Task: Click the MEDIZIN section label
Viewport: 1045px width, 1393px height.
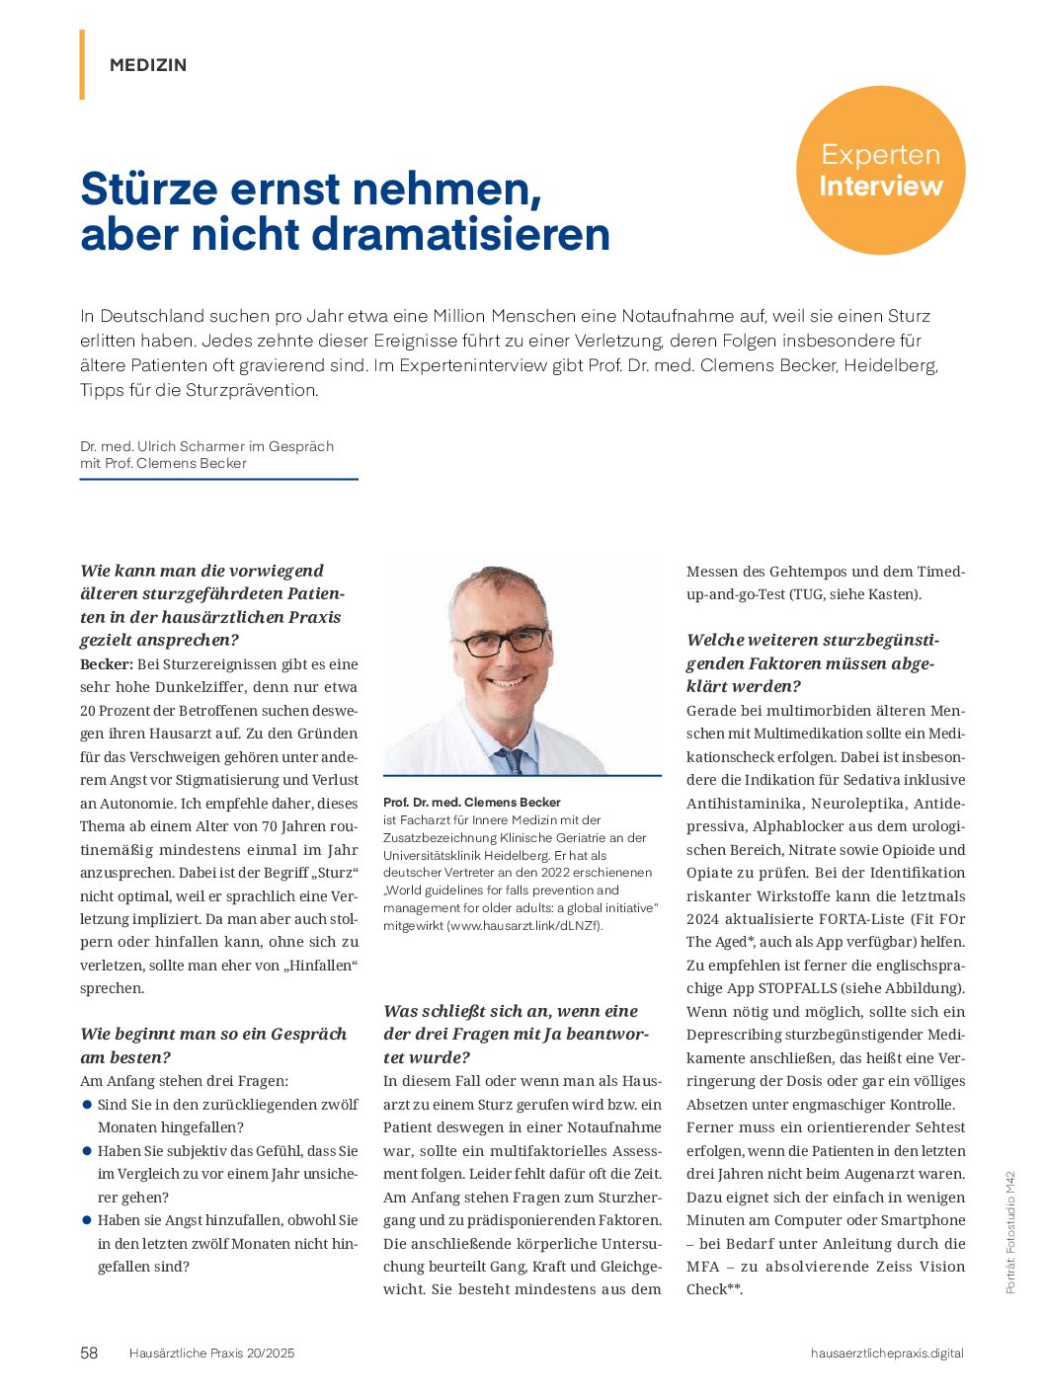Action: [148, 65]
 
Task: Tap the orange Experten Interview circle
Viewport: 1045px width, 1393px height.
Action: [880, 170]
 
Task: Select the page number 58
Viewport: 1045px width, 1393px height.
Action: [89, 1353]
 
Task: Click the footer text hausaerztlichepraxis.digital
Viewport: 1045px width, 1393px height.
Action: [887, 1353]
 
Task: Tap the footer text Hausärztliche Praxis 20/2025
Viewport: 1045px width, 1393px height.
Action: [211, 1353]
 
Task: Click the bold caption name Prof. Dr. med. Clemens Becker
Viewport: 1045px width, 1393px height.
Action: [472, 802]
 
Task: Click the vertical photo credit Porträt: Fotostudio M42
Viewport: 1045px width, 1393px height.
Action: [1009, 1232]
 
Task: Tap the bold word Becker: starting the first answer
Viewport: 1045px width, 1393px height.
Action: [106, 664]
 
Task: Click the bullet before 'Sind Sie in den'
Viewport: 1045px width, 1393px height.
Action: [87, 1104]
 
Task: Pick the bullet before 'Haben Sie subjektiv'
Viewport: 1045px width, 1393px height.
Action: [87, 1150]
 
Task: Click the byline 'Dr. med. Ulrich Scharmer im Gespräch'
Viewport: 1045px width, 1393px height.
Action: [206, 446]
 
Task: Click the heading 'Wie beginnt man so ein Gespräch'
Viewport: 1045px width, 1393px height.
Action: [213, 1034]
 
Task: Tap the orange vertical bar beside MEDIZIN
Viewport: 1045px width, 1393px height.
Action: [82, 64]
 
